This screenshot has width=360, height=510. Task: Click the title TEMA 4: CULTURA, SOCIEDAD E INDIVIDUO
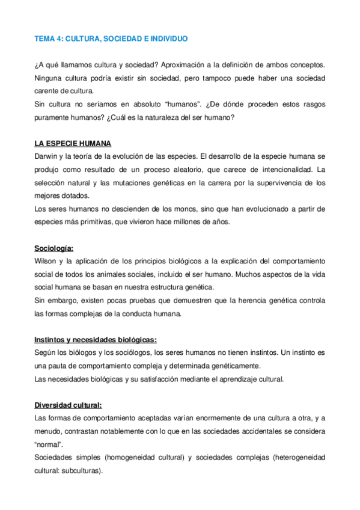tap(111, 38)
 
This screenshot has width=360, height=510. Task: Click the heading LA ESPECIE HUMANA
tap(72, 143)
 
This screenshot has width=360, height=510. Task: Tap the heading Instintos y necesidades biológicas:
tap(96, 339)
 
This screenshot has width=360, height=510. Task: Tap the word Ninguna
tap(49, 78)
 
